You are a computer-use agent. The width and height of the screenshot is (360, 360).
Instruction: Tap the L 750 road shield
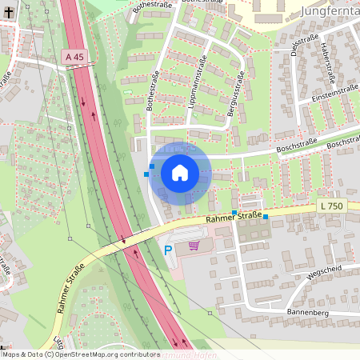(330, 206)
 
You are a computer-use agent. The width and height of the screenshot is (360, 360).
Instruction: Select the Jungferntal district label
(330, 10)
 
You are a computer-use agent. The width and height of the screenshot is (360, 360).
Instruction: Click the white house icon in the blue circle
(179, 172)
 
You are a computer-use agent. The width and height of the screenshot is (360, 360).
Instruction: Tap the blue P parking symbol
(168, 250)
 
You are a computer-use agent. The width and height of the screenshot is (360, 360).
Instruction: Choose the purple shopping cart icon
(194, 246)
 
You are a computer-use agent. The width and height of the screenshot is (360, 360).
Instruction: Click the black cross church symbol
(5, 13)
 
